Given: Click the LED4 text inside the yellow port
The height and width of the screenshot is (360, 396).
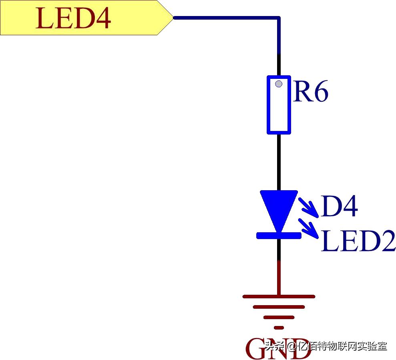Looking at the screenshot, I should [x=73, y=18].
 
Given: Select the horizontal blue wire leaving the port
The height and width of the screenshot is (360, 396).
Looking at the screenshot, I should [x=224, y=18].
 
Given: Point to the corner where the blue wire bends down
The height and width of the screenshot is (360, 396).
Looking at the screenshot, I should [x=278, y=18].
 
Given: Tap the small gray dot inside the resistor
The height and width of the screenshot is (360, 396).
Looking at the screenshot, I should [x=279, y=84].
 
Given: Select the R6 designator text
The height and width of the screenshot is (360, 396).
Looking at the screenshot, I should [x=311, y=92].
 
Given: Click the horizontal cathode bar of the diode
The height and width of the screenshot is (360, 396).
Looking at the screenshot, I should [x=279, y=235].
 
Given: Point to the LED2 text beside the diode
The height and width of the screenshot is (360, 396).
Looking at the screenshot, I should [x=358, y=241].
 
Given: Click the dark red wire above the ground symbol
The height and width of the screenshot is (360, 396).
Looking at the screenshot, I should [x=279, y=278].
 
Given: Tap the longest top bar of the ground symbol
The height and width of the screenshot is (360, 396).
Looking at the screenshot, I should [x=279, y=297].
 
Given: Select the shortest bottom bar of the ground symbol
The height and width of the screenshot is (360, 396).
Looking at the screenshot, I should [x=279, y=327].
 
